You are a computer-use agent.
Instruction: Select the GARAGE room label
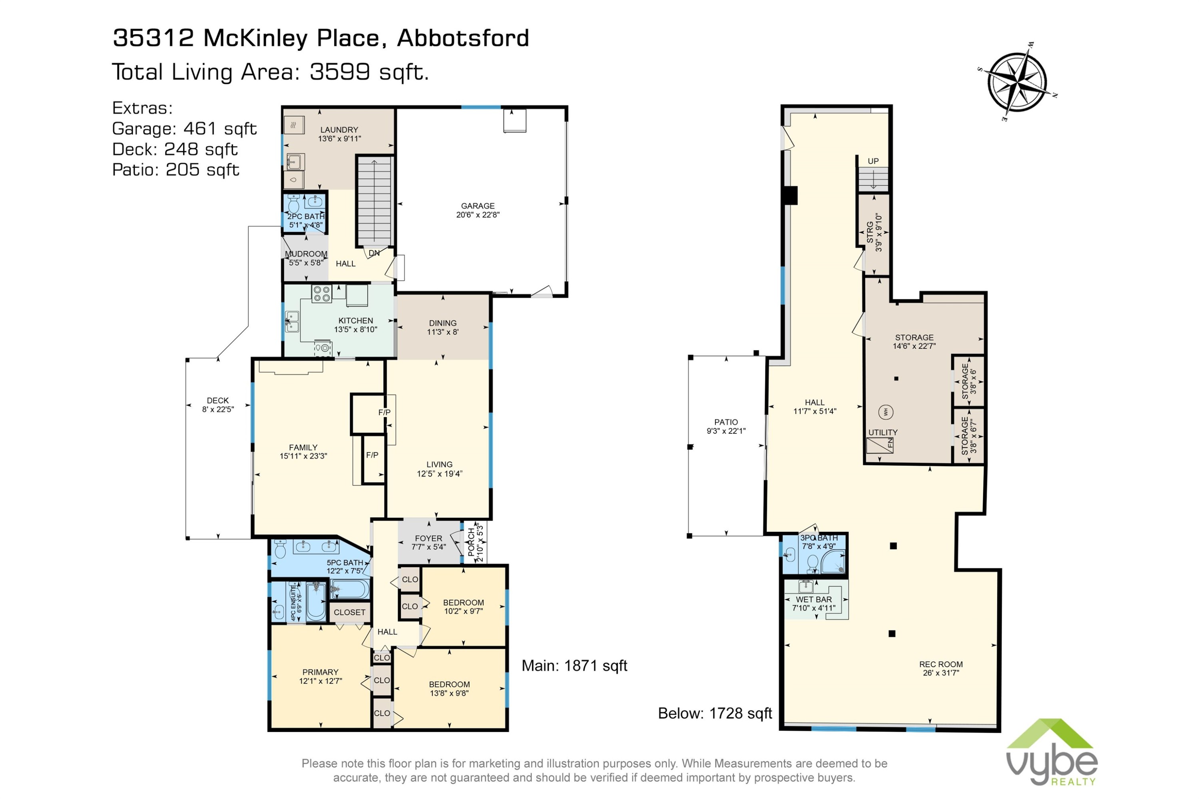coord(478,206)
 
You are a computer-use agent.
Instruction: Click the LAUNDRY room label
coord(339,130)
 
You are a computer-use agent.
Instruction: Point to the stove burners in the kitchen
coord(322,294)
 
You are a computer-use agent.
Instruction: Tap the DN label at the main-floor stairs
coord(374,253)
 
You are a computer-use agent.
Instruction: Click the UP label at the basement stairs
coord(873,161)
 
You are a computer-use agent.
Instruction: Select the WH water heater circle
coord(886,412)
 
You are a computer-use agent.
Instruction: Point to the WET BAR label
coord(814,599)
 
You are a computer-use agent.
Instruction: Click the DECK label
coord(218,401)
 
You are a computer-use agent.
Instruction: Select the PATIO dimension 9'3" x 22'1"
coord(726,431)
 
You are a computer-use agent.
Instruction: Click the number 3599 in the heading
coord(339,72)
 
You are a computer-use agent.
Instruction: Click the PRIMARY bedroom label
coord(320,672)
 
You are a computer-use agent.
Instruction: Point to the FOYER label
coord(428,538)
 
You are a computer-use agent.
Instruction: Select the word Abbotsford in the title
coord(463,38)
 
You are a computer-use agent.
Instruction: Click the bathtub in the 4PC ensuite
coord(316,602)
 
